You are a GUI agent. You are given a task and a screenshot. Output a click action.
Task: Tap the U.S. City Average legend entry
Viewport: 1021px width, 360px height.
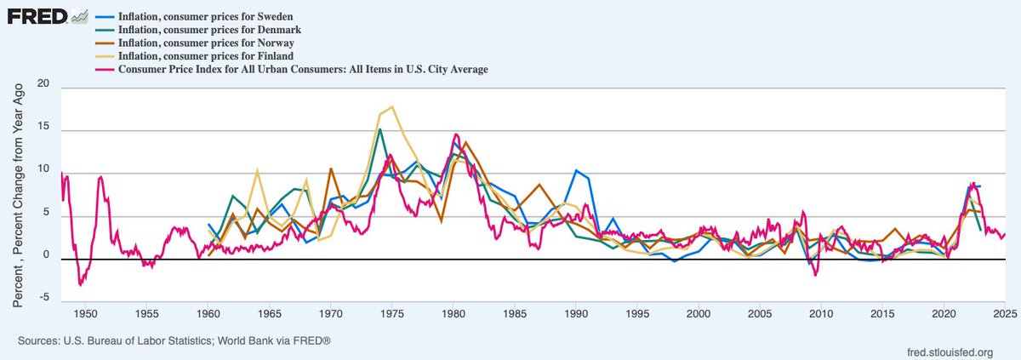(303, 69)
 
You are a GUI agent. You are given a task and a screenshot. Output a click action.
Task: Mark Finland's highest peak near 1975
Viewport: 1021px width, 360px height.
(391, 107)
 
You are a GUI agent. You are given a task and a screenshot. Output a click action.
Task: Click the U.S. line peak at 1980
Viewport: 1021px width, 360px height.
(456, 134)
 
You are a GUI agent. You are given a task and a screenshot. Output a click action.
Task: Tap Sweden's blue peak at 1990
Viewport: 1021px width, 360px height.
(576, 170)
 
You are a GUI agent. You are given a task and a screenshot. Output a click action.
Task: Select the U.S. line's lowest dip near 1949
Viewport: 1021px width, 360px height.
(79, 285)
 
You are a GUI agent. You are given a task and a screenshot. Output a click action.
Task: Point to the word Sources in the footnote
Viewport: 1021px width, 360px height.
(37, 340)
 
